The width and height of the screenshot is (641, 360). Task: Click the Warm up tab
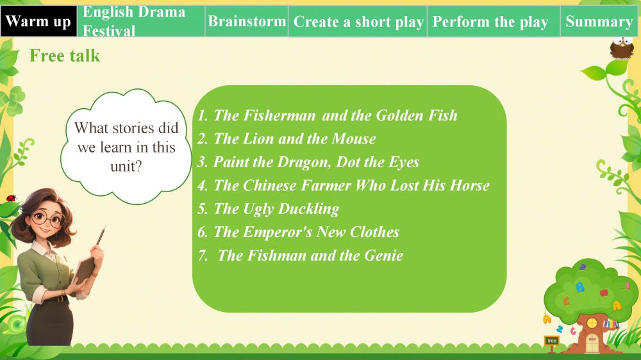(x=38, y=21)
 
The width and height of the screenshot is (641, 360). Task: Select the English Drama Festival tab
(x=141, y=21)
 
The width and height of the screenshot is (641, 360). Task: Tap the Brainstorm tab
(x=247, y=21)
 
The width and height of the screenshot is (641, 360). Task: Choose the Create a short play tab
(x=358, y=21)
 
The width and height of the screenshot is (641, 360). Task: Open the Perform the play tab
(x=494, y=21)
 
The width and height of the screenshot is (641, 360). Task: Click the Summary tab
(x=599, y=21)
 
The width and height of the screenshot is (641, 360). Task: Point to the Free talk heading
(x=65, y=56)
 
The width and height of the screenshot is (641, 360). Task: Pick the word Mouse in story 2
(x=354, y=139)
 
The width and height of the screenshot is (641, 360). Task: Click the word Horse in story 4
(x=470, y=186)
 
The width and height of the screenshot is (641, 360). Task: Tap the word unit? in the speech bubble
(x=126, y=167)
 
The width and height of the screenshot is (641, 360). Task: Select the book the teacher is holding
(x=85, y=269)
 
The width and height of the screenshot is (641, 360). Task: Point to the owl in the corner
(x=621, y=49)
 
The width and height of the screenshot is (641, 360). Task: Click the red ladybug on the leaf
(x=11, y=199)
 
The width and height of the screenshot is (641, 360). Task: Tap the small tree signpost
(x=552, y=343)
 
